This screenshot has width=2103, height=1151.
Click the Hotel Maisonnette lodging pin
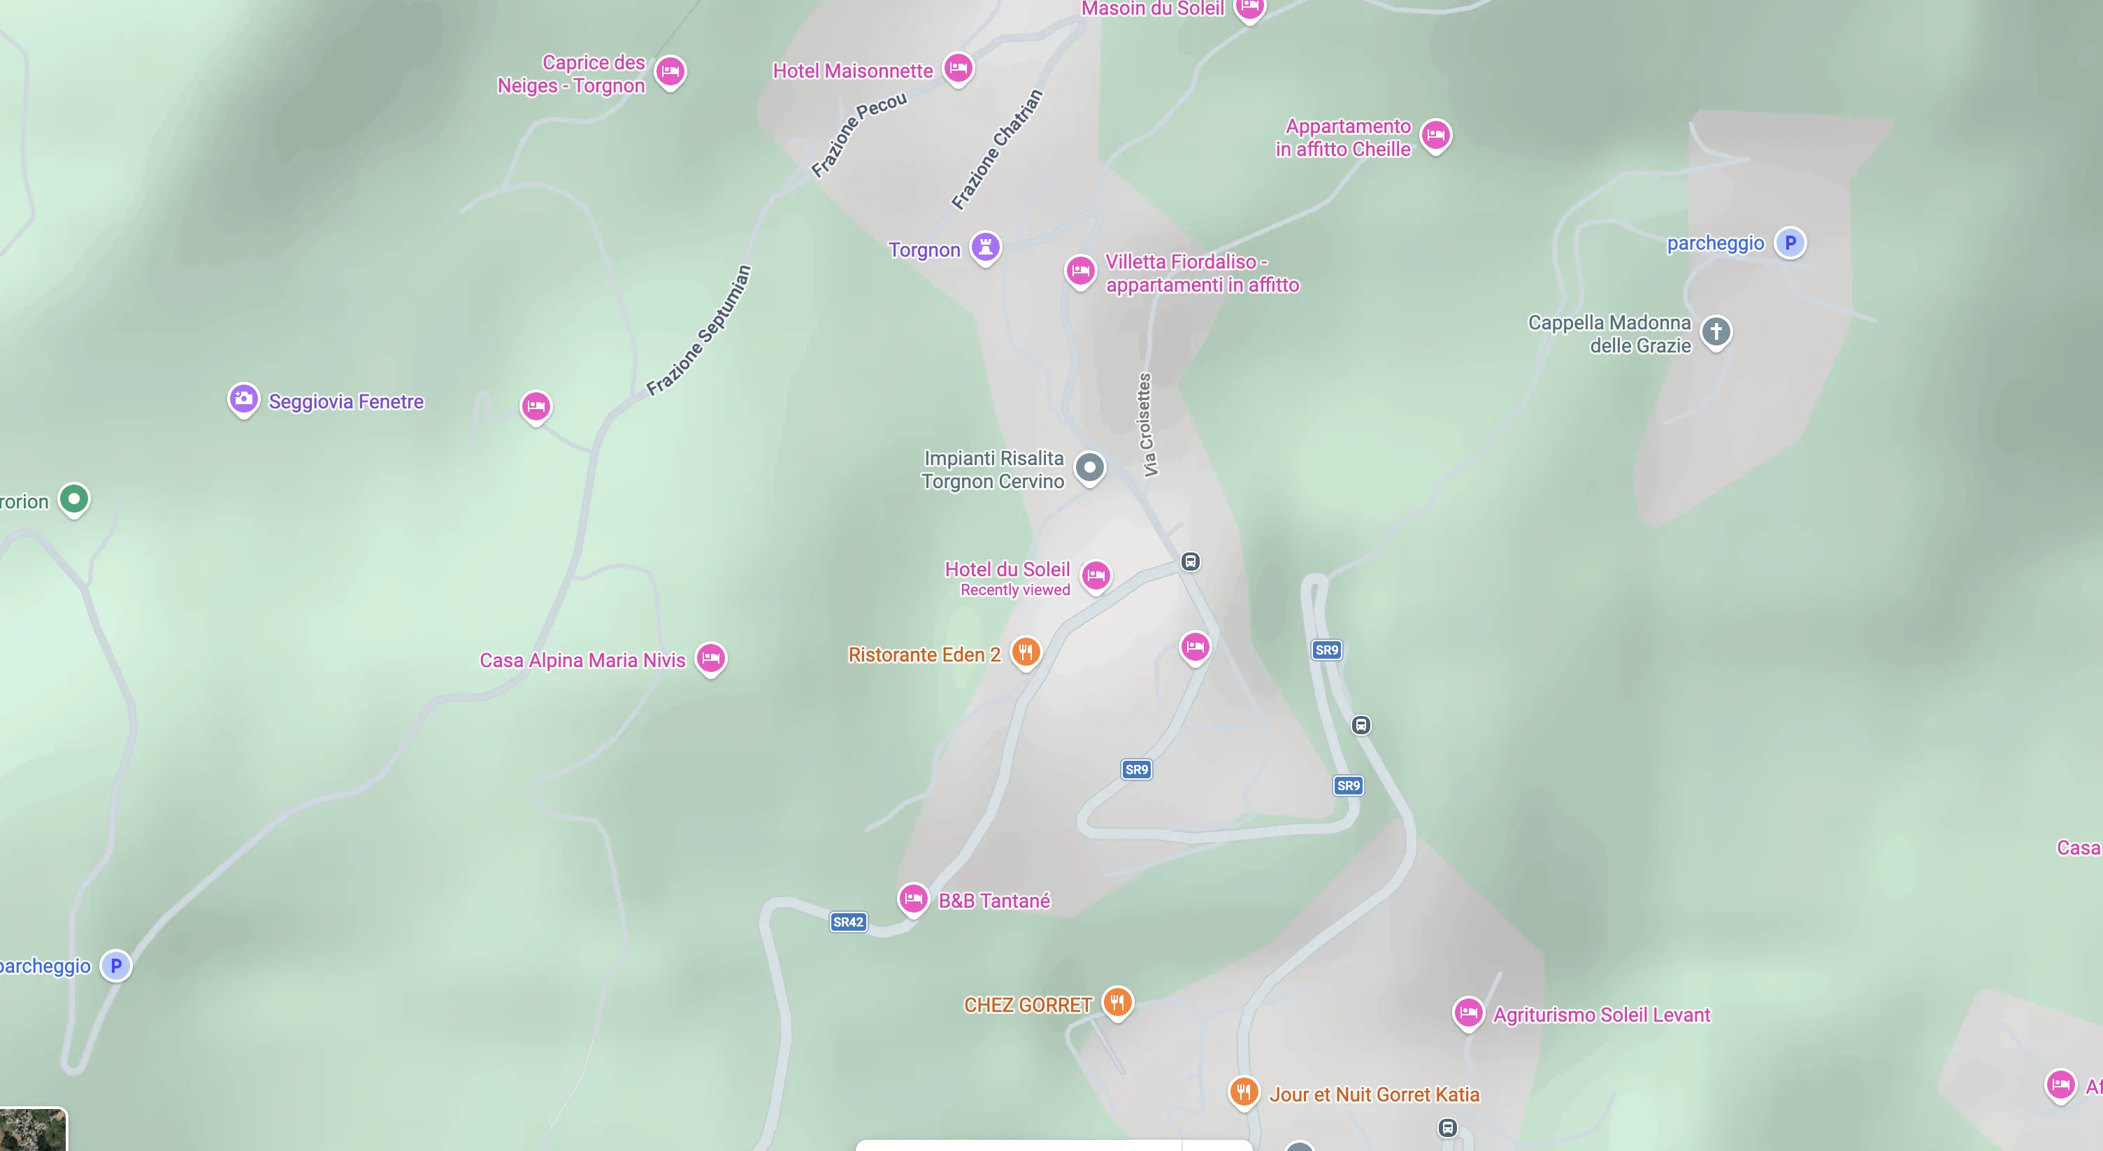(x=958, y=68)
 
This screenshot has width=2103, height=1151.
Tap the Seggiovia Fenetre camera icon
(x=243, y=399)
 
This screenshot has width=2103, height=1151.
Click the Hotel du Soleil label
(x=1007, y=569)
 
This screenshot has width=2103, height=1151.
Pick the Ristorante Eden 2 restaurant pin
(x=1026, y=652)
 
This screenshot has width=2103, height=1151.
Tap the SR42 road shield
(x=847, y=922)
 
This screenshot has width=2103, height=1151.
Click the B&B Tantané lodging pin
(x=912, y=899)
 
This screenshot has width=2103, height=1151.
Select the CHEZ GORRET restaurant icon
(x=1117, y=1001)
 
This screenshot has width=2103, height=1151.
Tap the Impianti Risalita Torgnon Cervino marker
(x=1089, y=468)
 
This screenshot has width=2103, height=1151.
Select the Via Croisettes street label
(x=1145, y=424)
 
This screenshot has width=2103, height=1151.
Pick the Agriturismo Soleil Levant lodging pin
(x=1468, y=1013)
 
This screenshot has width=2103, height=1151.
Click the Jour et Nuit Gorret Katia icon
(x=1243, y=1092)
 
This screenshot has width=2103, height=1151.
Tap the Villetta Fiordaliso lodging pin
(x=1080, y=270)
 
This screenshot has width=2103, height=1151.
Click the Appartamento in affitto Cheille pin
(x=1435, y=135)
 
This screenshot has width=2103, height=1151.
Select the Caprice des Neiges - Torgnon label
(x=570, y=74)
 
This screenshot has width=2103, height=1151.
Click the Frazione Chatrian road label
(x=997, y=150)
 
